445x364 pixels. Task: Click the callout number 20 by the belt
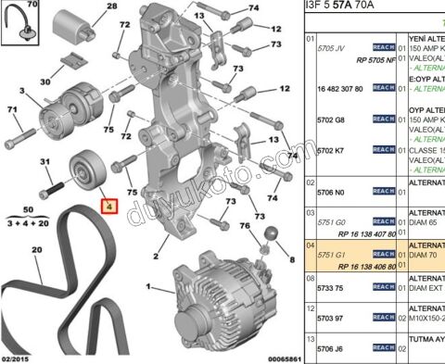pos(36,249)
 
